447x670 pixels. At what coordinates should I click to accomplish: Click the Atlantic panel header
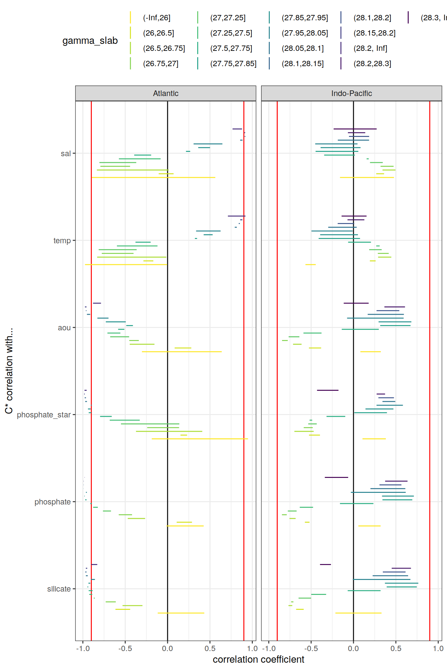coord(166,93)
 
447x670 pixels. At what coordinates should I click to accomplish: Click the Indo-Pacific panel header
coord(351,93)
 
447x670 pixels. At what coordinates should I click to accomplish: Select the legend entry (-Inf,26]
coord(157,18)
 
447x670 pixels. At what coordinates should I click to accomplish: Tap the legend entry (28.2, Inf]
coord(370,49)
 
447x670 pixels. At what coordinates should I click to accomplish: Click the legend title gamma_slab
coord(90,41)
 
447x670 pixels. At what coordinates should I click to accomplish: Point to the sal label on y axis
coord(66,154)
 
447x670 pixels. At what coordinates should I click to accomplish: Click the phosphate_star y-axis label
coord(44,415)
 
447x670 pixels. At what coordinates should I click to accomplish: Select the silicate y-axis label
coord(59,589)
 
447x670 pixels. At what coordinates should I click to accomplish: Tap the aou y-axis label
coord(64,328)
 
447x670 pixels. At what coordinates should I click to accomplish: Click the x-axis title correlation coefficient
coord(258,659)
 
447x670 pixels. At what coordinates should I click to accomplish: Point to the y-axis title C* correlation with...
coord(9,371)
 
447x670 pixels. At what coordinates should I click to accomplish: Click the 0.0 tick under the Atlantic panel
coord(167,648)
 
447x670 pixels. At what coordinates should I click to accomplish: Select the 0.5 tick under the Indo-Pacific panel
coord(396,648)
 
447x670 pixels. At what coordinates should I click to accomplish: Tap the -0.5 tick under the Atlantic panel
coord(125,648)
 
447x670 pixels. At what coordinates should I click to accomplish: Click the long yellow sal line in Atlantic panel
coord(153,177)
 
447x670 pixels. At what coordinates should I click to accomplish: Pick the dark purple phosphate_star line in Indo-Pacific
coord(328,390)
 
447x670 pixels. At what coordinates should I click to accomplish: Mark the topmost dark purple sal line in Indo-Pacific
coord(355,129)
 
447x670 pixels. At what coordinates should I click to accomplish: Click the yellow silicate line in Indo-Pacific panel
coord(358,613)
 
